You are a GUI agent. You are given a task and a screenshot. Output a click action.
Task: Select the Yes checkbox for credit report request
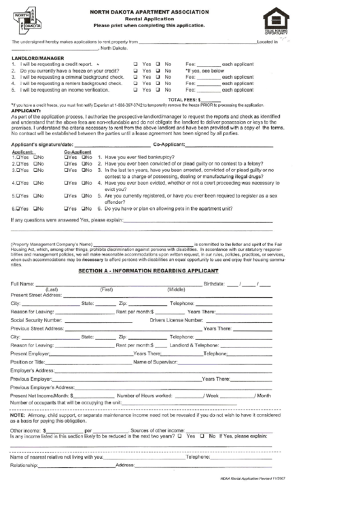point(136,63)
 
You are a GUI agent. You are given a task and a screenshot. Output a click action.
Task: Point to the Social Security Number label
point(37,319)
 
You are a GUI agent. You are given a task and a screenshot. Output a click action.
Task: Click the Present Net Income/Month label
point(41,395)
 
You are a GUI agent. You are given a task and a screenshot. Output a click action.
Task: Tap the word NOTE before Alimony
point(17,414)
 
